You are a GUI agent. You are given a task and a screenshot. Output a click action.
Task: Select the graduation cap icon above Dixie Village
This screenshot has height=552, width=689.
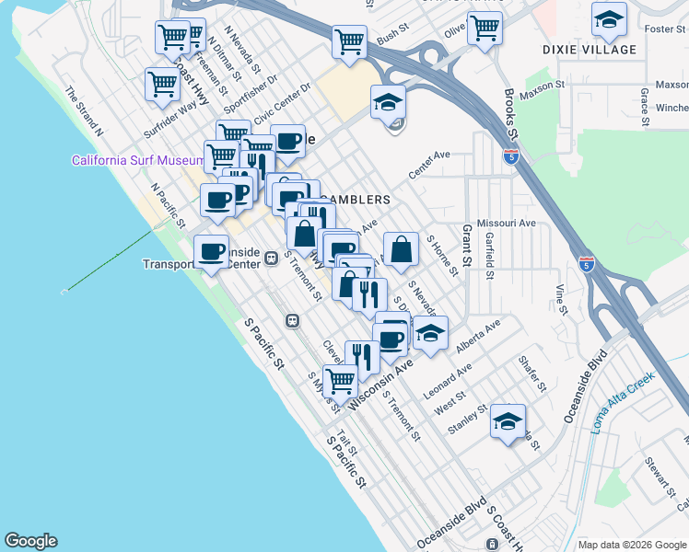609,18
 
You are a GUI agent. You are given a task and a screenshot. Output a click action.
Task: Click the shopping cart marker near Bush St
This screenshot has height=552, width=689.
349,40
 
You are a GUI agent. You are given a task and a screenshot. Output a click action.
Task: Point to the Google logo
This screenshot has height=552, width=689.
30,541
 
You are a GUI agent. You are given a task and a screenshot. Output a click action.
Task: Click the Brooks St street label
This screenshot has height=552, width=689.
512,113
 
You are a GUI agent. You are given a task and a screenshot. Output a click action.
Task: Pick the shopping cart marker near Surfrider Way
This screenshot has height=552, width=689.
162,84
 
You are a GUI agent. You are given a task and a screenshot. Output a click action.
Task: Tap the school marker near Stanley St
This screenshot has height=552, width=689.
508,422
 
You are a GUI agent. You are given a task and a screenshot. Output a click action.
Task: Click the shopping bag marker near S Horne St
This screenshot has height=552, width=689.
401,249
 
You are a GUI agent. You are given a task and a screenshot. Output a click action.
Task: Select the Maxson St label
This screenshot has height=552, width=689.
540,87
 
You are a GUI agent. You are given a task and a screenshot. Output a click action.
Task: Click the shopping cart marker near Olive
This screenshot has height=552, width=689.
485,28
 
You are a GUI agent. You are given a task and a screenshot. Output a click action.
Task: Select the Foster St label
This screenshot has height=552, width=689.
660,29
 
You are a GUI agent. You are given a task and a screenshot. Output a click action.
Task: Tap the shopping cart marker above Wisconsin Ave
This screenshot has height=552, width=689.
340,380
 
